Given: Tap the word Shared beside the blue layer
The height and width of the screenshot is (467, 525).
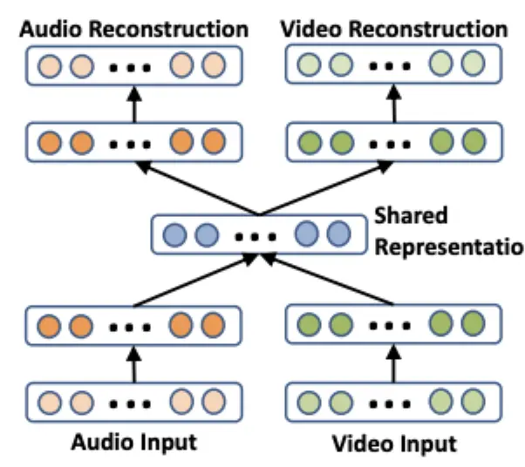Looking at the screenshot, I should pos(410,215).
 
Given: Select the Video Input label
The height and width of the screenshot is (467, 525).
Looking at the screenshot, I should pos(394,443).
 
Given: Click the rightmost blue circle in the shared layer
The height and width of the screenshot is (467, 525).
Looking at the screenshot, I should pos(337,233).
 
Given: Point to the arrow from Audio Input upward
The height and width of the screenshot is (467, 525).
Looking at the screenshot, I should pos(134,362).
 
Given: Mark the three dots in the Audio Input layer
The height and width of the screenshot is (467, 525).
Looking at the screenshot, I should pos(131,403).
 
